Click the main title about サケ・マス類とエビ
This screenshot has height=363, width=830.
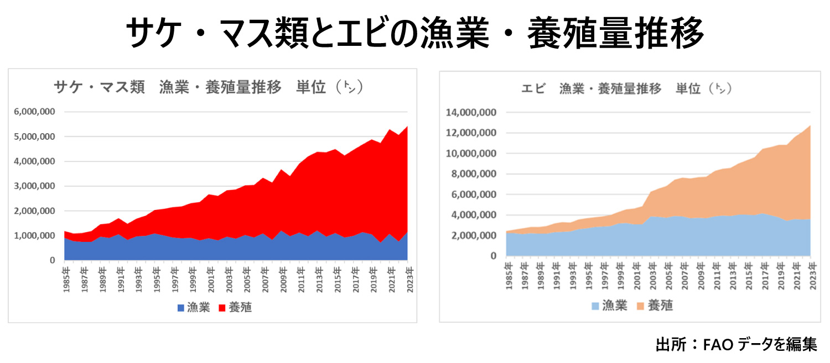pyautogui.click(x=414, y=33)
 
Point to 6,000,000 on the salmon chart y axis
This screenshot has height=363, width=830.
pyautogui.click(x=34, y=112)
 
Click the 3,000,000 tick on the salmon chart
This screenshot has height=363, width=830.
pyautogui.click(x=34, y=186)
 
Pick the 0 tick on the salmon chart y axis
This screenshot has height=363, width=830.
pyautogui.click(x=52, y=260)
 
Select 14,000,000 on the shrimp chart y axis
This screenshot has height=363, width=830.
pyautogui.click(x=471, y=113)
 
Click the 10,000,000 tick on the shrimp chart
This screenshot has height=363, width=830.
pyautogui.click(x=471, y=154)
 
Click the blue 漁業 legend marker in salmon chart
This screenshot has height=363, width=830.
pyautogui.click(x=181, y=308)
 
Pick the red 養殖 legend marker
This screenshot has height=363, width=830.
pyautogui.click(x=224, y=308)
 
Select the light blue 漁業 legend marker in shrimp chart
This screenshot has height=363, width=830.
pyautogui.click(x=595, y=306)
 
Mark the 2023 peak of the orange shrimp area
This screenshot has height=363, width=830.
pyautogui.click(x=810, y=126)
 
